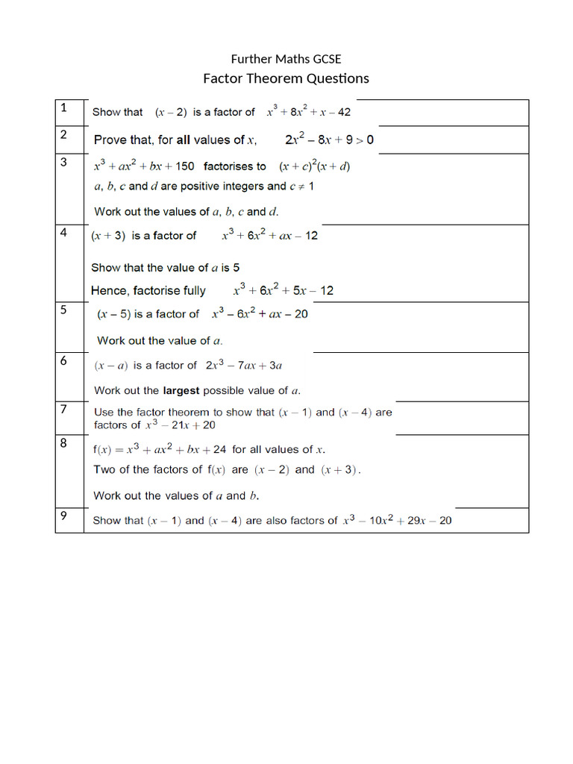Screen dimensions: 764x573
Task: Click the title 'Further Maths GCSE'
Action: (x=286, y=59)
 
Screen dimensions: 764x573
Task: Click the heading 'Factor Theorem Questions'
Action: (x=286, y=78)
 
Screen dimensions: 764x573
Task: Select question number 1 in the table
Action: (x=63, y=107)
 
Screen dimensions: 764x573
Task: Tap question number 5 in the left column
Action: (x=63, y=310)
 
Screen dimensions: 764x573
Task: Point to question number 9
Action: (x=63, y=516)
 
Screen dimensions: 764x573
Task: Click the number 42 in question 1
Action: (x=342, y=113)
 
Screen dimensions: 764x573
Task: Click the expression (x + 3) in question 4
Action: (x=107, y=236)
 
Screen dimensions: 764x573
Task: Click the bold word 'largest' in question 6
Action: (x=181, y=390)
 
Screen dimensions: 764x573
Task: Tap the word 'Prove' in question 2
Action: (x=110, y=140)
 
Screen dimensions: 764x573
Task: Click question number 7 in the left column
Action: (x=63, y=408)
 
